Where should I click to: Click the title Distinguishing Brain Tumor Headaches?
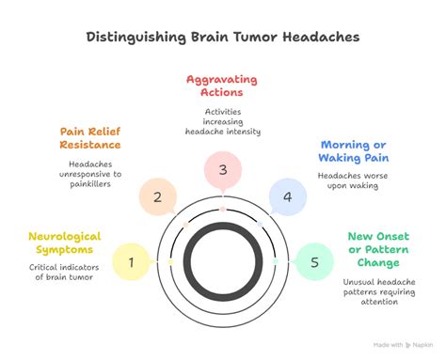(x=223, y=39)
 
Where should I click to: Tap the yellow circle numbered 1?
(x=132, y=260)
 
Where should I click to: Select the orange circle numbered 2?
(x=157, y=196)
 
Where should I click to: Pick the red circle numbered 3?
(x=222, y=170)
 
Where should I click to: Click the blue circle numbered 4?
(x=287, y=196)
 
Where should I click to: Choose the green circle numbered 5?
(x=313, y=260)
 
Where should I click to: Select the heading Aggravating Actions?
(x=222, y=86)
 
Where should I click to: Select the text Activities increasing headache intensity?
(x=222, y=122)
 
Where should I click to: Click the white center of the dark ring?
(x=222, y=260)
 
